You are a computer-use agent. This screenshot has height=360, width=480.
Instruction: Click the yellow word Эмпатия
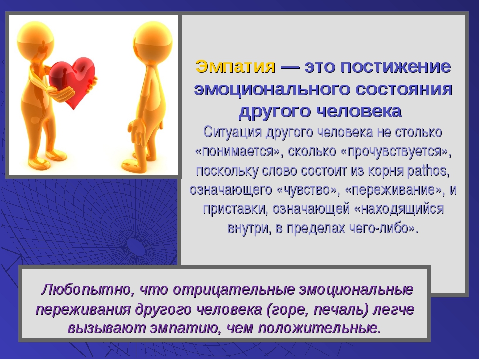click(x=235, y=66)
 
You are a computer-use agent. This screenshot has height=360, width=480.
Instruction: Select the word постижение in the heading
click(x=396, y=66)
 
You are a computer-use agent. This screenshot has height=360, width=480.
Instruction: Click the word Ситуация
click(x=233, y=132)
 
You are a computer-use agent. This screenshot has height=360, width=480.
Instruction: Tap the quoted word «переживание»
click(x=395, y=190)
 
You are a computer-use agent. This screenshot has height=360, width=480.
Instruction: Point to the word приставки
click(x=235, y=209)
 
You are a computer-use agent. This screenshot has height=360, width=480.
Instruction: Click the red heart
click(x=72, y=80)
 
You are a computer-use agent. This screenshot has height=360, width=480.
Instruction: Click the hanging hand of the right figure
click(x=135, y=132)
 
